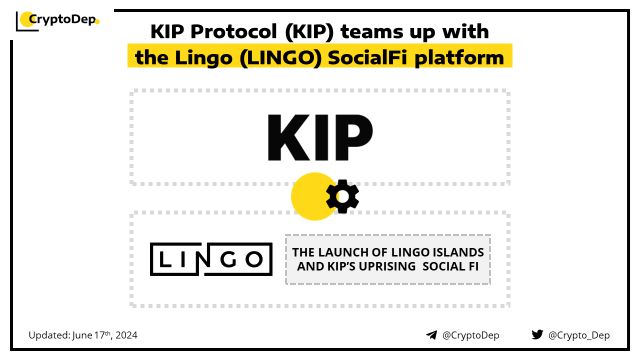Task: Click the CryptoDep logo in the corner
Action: [x=57, y=21]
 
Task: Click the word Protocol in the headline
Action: [x=233, y=31]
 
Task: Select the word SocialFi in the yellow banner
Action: [x=367, y=58]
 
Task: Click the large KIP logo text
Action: [x=320, y=137]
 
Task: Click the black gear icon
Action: [x=342, y=196]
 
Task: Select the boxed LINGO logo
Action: [x=211, y=259]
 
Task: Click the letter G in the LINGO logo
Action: [x=228, y=259]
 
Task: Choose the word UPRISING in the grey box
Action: [x=387, y=266]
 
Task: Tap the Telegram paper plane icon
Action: [x=431, y=335]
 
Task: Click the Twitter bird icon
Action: [x=537, y=334]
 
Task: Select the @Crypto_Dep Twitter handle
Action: [x=579, y=335]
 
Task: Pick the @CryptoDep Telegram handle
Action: [x=470, y=335]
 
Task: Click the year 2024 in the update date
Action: [x=126, y=335]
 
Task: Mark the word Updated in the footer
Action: [x=49, y=335]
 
